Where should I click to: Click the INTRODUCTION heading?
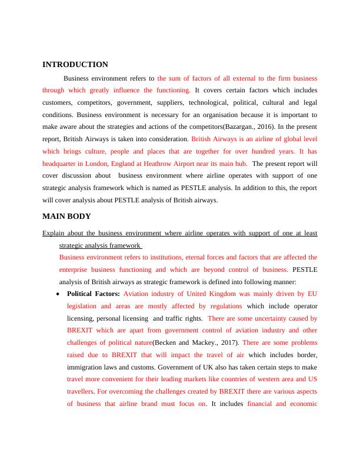click(x=75, y=65)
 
